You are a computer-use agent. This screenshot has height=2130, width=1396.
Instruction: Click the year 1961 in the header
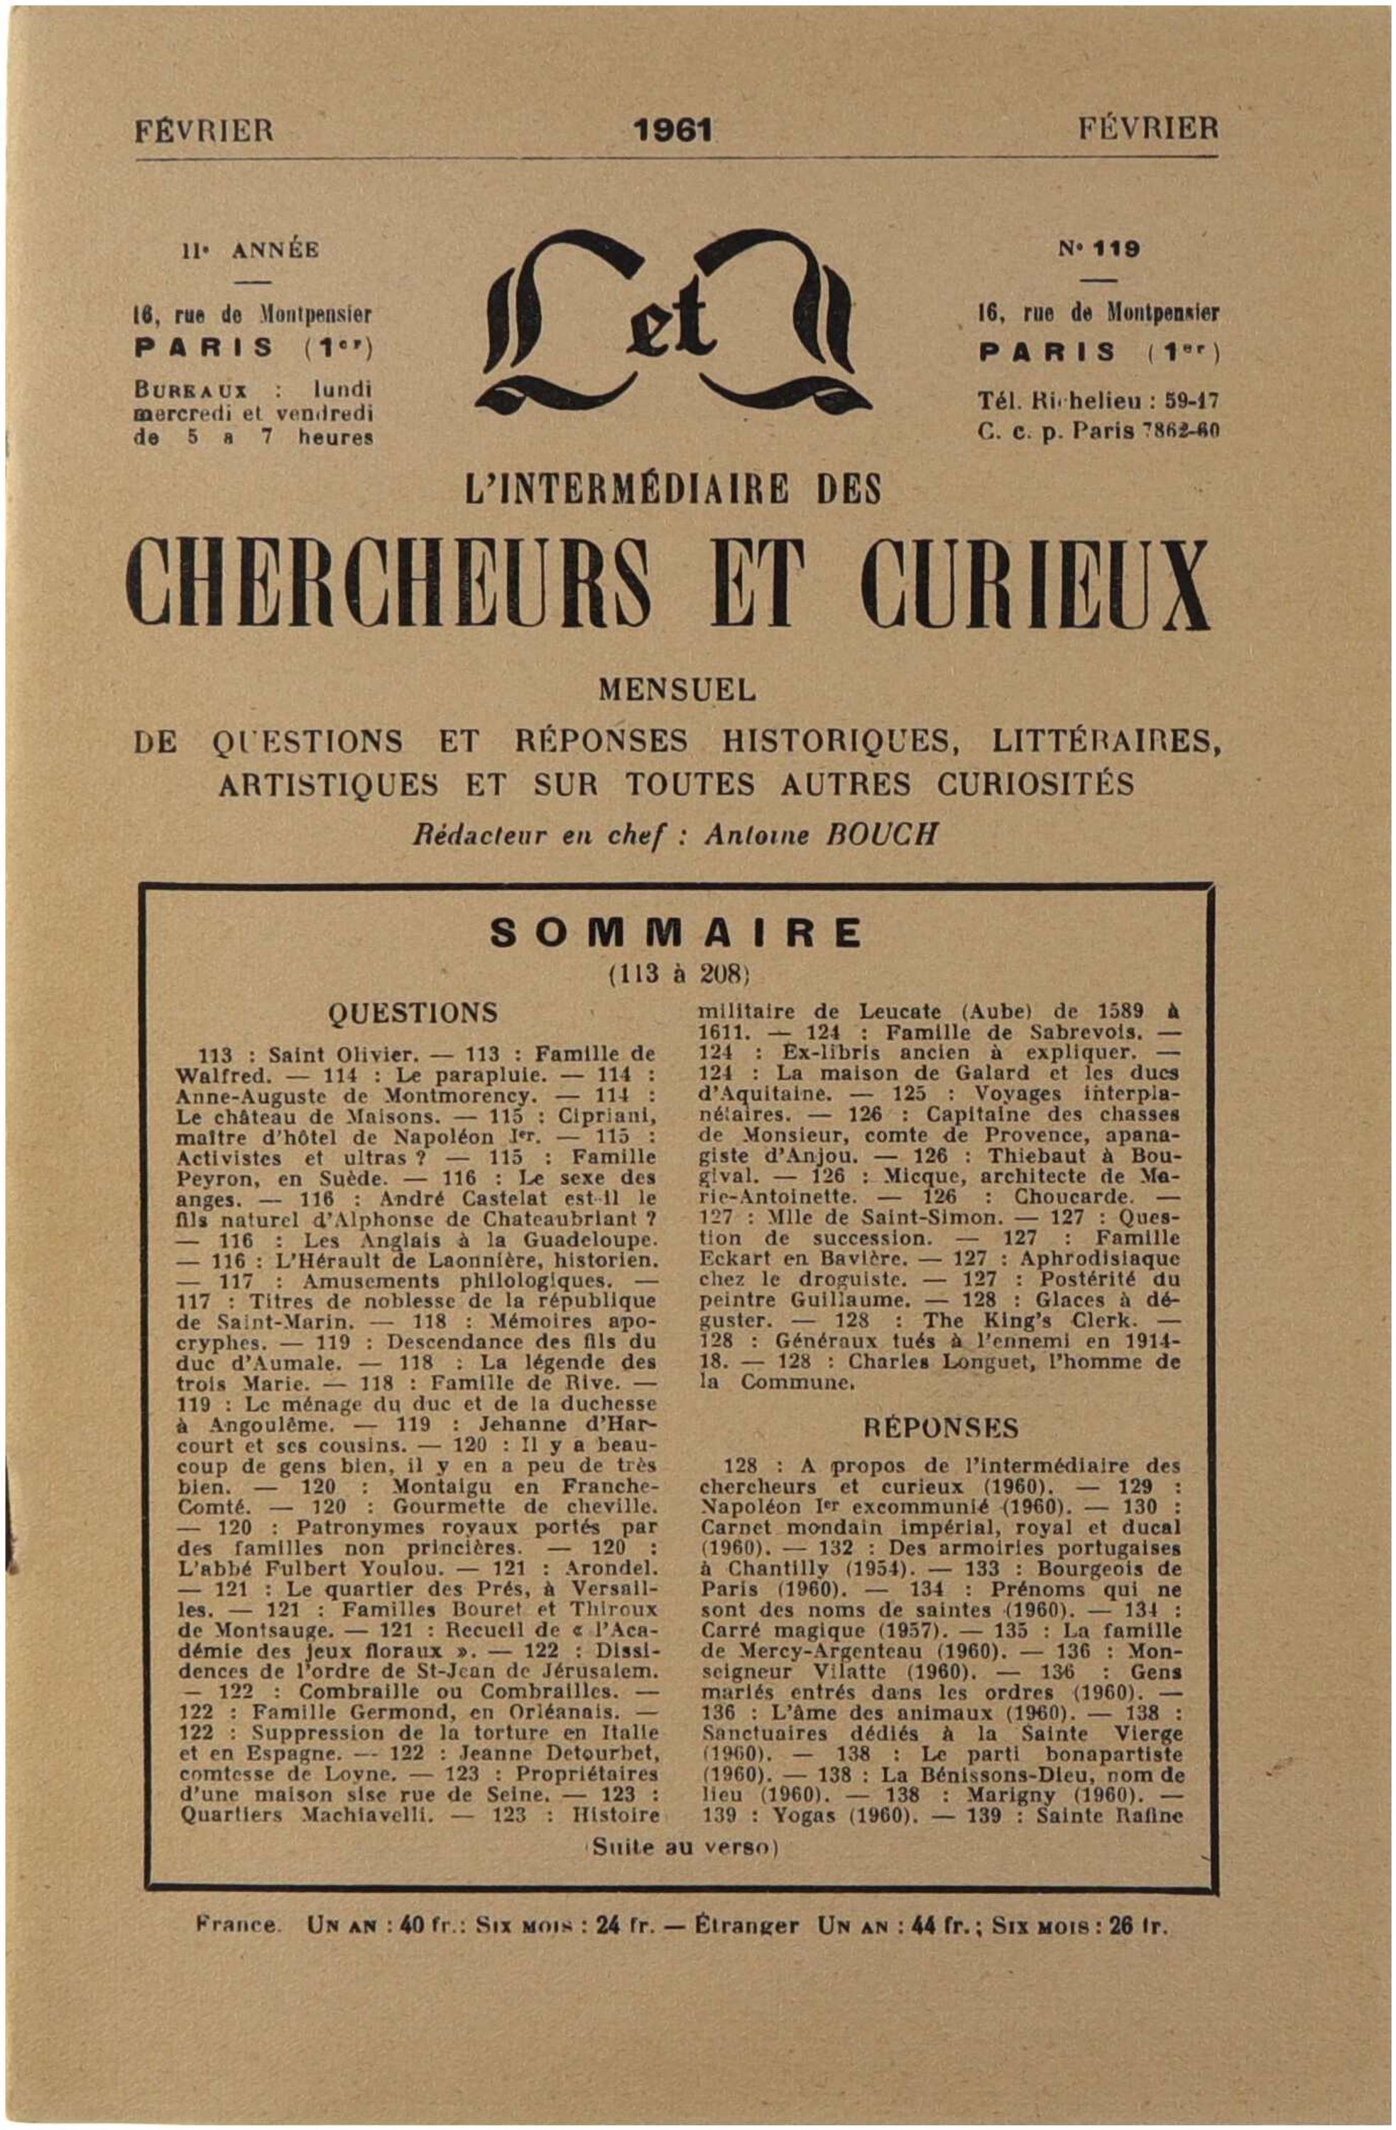pyautogui.click(x=671, y=131)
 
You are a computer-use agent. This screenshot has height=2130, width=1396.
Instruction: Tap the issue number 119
pyautogui.click(x=1108, y=250)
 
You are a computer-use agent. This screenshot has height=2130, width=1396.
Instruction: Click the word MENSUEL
pyautogui.click(x=677, y=690)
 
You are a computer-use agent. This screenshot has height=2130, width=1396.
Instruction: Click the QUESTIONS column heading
pyautogui.click(x=413, y=1013)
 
